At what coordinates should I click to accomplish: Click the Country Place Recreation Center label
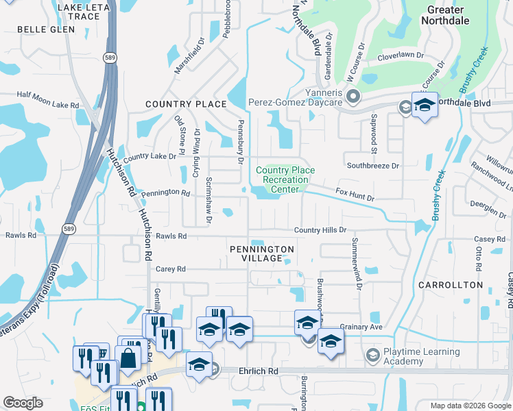285,179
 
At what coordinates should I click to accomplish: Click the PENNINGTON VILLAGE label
262,253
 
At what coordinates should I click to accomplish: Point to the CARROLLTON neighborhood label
453,284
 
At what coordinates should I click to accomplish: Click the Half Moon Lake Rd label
48,105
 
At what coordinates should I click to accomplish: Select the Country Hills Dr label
320,231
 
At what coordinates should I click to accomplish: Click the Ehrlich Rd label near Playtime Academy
258,371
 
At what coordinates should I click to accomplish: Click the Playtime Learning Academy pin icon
372,355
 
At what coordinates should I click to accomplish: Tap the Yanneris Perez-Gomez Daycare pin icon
353,96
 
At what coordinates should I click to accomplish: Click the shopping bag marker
128,357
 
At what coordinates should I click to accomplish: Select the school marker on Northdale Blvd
425,105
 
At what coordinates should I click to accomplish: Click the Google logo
23,403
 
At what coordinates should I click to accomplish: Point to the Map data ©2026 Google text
469,406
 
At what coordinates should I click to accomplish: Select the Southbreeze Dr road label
372,166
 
